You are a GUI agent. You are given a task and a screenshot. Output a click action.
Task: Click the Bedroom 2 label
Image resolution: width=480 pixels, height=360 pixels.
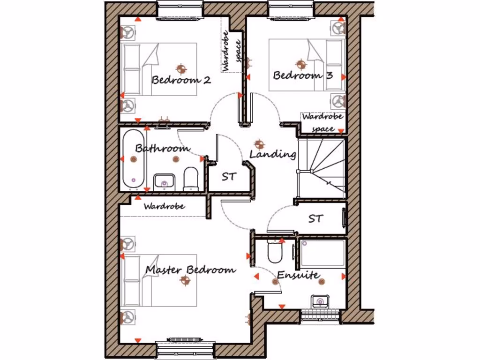point(181,80)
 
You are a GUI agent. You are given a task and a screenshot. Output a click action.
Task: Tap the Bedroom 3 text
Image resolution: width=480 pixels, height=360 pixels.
point(303,75)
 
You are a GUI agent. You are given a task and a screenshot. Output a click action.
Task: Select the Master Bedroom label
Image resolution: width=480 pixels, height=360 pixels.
point(190,270)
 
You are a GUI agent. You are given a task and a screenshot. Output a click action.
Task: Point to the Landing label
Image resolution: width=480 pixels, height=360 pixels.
point(272,154)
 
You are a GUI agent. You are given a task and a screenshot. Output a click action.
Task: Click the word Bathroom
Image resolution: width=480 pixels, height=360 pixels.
point(162,148)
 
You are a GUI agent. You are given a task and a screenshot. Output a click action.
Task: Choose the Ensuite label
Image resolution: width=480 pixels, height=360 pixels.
point(298,275)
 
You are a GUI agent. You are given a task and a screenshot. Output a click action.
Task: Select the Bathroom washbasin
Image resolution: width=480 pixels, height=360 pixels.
point(164,180)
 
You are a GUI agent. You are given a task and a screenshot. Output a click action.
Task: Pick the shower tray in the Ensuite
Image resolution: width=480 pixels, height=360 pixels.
point(323,254)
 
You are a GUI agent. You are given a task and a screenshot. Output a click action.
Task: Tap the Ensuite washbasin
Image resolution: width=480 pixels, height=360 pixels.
point(320,301)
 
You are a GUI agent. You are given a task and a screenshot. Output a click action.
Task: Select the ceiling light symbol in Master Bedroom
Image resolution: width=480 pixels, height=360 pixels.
point(186,280)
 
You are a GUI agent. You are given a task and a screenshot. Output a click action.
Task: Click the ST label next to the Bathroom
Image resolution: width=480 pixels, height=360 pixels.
point(229,177)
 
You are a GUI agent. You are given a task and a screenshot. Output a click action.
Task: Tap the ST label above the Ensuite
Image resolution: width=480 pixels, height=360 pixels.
point(315,218)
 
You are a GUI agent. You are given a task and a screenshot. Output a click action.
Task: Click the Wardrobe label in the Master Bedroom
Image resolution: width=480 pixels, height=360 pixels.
point(164,206)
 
